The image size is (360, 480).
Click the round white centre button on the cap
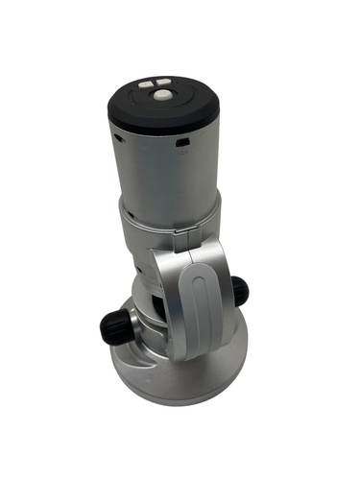pyautogui.click(x=160, y=97)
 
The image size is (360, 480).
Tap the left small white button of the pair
pyautogui.click(x=144, y=84)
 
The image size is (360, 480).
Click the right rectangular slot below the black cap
pyautogui.click(x=182, y=146)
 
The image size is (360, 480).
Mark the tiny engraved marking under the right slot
pyautogui.click(x=182, y=156)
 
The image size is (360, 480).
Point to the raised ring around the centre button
pyautogui.click(x=160, y=104)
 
